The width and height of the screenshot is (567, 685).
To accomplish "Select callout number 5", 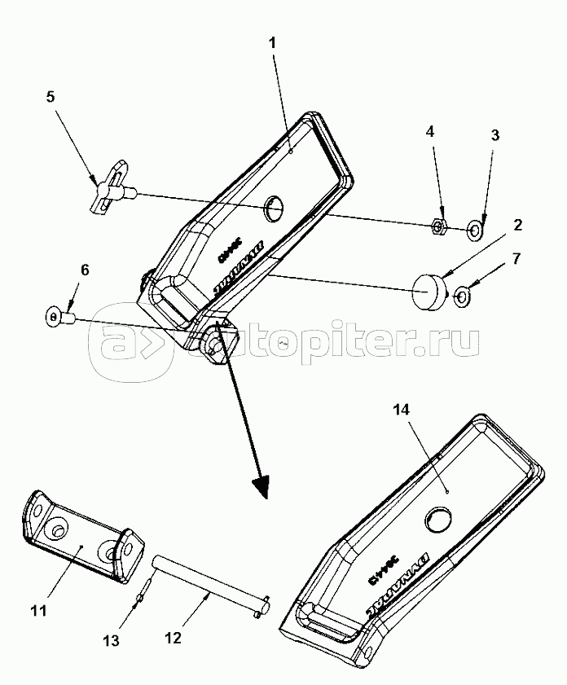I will click(x=51, y=97).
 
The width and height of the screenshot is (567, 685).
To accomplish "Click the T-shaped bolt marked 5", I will click(x=110, y=188).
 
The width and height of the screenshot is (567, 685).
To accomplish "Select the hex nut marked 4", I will click(x=437, y=225).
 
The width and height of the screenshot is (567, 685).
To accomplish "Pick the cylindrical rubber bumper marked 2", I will click(x=431, y=291).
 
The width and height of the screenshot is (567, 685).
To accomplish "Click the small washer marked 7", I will click(x=459, y=296).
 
